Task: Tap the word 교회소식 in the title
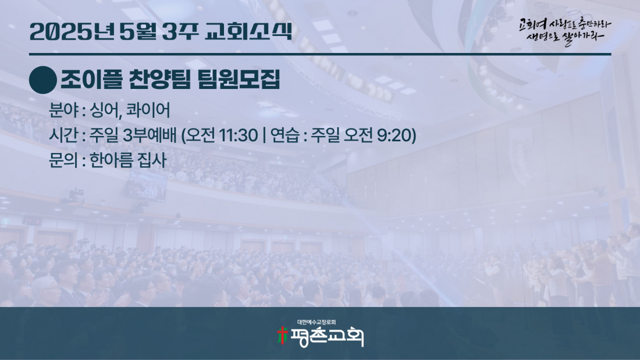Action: pyautogui.click(x=248, y=31)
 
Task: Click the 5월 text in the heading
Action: pyautogui.click(x=138, y=32)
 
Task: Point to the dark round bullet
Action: pyautogui.click(x=43, y=80)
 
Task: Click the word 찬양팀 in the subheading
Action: pyautogui.click(x=159, y=79)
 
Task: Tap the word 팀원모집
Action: pyautogui.click(x=239, y=79)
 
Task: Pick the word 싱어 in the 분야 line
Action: pyautogui.click(x=105, y=110)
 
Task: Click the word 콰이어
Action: pyautogui.click(x=148, y=110)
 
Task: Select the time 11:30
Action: pyautogui.click(x=239, y=135)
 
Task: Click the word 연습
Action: pyautogui.click(x=285, y=135)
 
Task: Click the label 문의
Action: pyautogui.click(x=63, y=160)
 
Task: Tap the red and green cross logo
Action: pyautogui.click(x=282, y=336)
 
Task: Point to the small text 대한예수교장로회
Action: pyautogui.click(x=317, y=322)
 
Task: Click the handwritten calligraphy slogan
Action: pyautogui.click(x=565, y=31)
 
